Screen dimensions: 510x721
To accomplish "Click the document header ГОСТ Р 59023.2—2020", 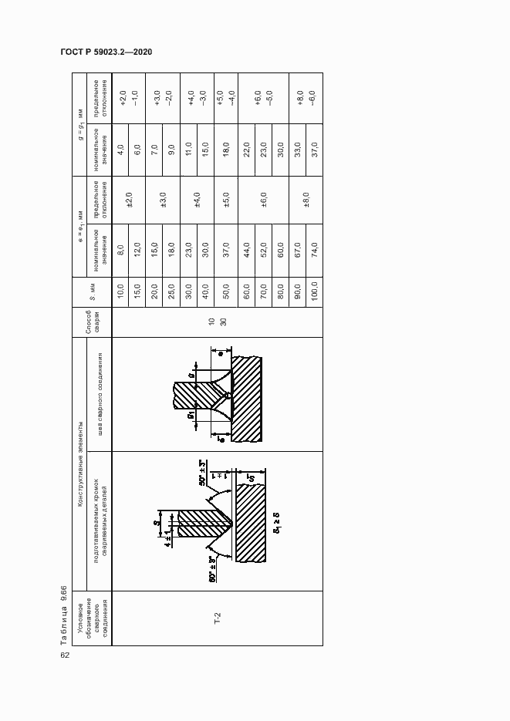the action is (x=106, y=52).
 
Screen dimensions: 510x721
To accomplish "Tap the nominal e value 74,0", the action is (x=315, y=250).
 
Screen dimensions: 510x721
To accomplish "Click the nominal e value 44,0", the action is (x=247, y=250).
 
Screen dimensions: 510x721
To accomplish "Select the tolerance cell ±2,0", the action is (x=130, y=200).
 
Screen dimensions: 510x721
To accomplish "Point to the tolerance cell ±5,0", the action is (x=226, y=200).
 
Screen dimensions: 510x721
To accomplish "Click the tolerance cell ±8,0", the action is (x=306, y=200).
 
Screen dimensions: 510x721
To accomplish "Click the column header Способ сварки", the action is (x=92, y=322).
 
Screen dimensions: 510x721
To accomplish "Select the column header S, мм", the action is (x=92, y=295).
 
